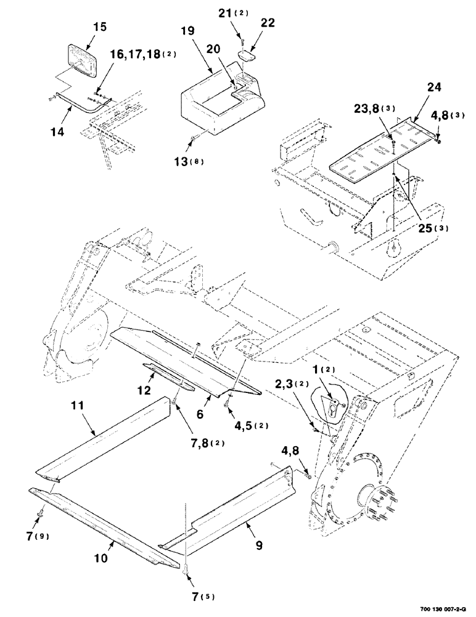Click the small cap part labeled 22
tap(247, 56)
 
